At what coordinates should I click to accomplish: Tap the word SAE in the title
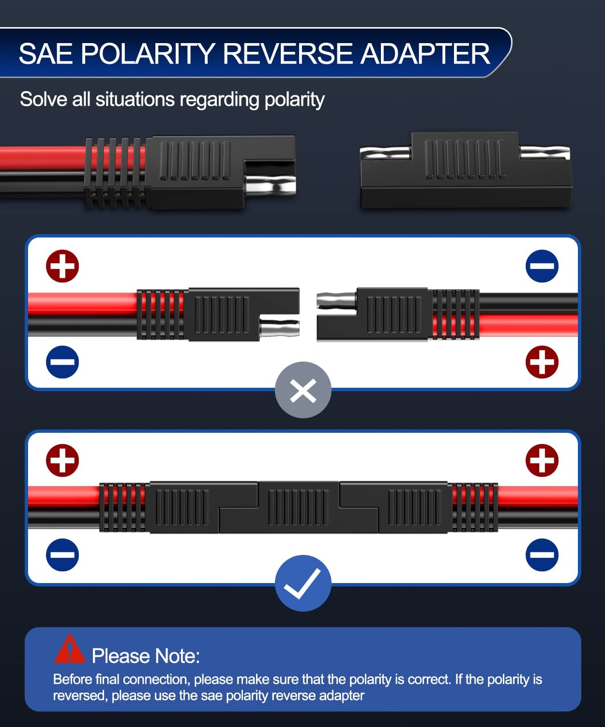click(x=46, y=54)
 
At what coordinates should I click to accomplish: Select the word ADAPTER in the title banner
click(x=425, y=54)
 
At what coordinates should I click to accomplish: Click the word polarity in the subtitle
click(x=294, y=100)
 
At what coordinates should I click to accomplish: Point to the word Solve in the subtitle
click(x=44, y=99)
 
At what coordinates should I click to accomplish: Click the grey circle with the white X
click(x=303, y=390)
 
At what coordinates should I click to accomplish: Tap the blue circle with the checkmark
click(x=303, y=583)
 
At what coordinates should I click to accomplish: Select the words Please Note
click(x=146, y=656)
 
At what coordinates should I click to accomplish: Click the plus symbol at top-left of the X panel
click(x=62, y=266)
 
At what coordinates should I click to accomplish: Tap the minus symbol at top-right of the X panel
click(x=542, y=266)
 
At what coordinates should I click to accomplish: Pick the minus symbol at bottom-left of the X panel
click(x=62, y=362)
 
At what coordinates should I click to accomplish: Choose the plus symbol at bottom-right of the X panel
click(x=542, y=362)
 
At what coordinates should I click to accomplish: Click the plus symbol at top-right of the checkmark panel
click(x=542, y=460)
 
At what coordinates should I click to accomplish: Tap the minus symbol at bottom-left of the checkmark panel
click(x=62, y=554)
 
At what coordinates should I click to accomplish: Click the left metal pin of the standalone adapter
click(x=386, y=153)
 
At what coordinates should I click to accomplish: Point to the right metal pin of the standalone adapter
click(x=544, y=153)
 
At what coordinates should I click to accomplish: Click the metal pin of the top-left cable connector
click(x=271, y=185)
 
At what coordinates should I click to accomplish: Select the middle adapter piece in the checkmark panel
click(x=298, y=507)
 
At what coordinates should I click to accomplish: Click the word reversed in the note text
click(x=80, y=695)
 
